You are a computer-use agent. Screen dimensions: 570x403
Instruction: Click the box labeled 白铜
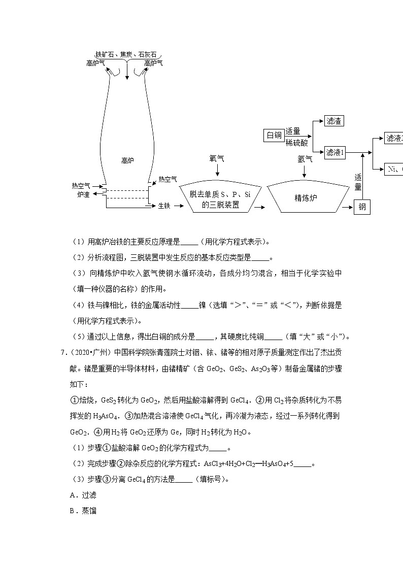[x=274, y=135]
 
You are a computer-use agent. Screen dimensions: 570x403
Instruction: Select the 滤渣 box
[x=334, y=121]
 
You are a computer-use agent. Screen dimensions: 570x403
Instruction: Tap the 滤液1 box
[x=335, y=152]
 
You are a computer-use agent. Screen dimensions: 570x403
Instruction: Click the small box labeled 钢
[x=362, y=207]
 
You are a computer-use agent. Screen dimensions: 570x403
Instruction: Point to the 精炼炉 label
[x=306, y=198]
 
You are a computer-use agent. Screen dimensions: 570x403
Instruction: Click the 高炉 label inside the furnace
[x=127, y=160]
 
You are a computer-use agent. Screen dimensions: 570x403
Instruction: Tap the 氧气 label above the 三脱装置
[x=217, y=159]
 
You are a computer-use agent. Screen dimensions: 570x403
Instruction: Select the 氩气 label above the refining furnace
[x=305, y=159]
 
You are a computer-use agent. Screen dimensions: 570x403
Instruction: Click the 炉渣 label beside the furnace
[x=83, y=194]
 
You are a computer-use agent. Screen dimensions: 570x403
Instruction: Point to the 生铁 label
[x=163, y=206]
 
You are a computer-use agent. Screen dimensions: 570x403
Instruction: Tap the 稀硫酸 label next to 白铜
[x=296, y=142]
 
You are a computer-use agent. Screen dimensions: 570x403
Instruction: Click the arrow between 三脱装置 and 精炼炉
[x=260, y=207]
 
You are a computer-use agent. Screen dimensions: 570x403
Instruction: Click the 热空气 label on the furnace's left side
[x=81, y=186]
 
